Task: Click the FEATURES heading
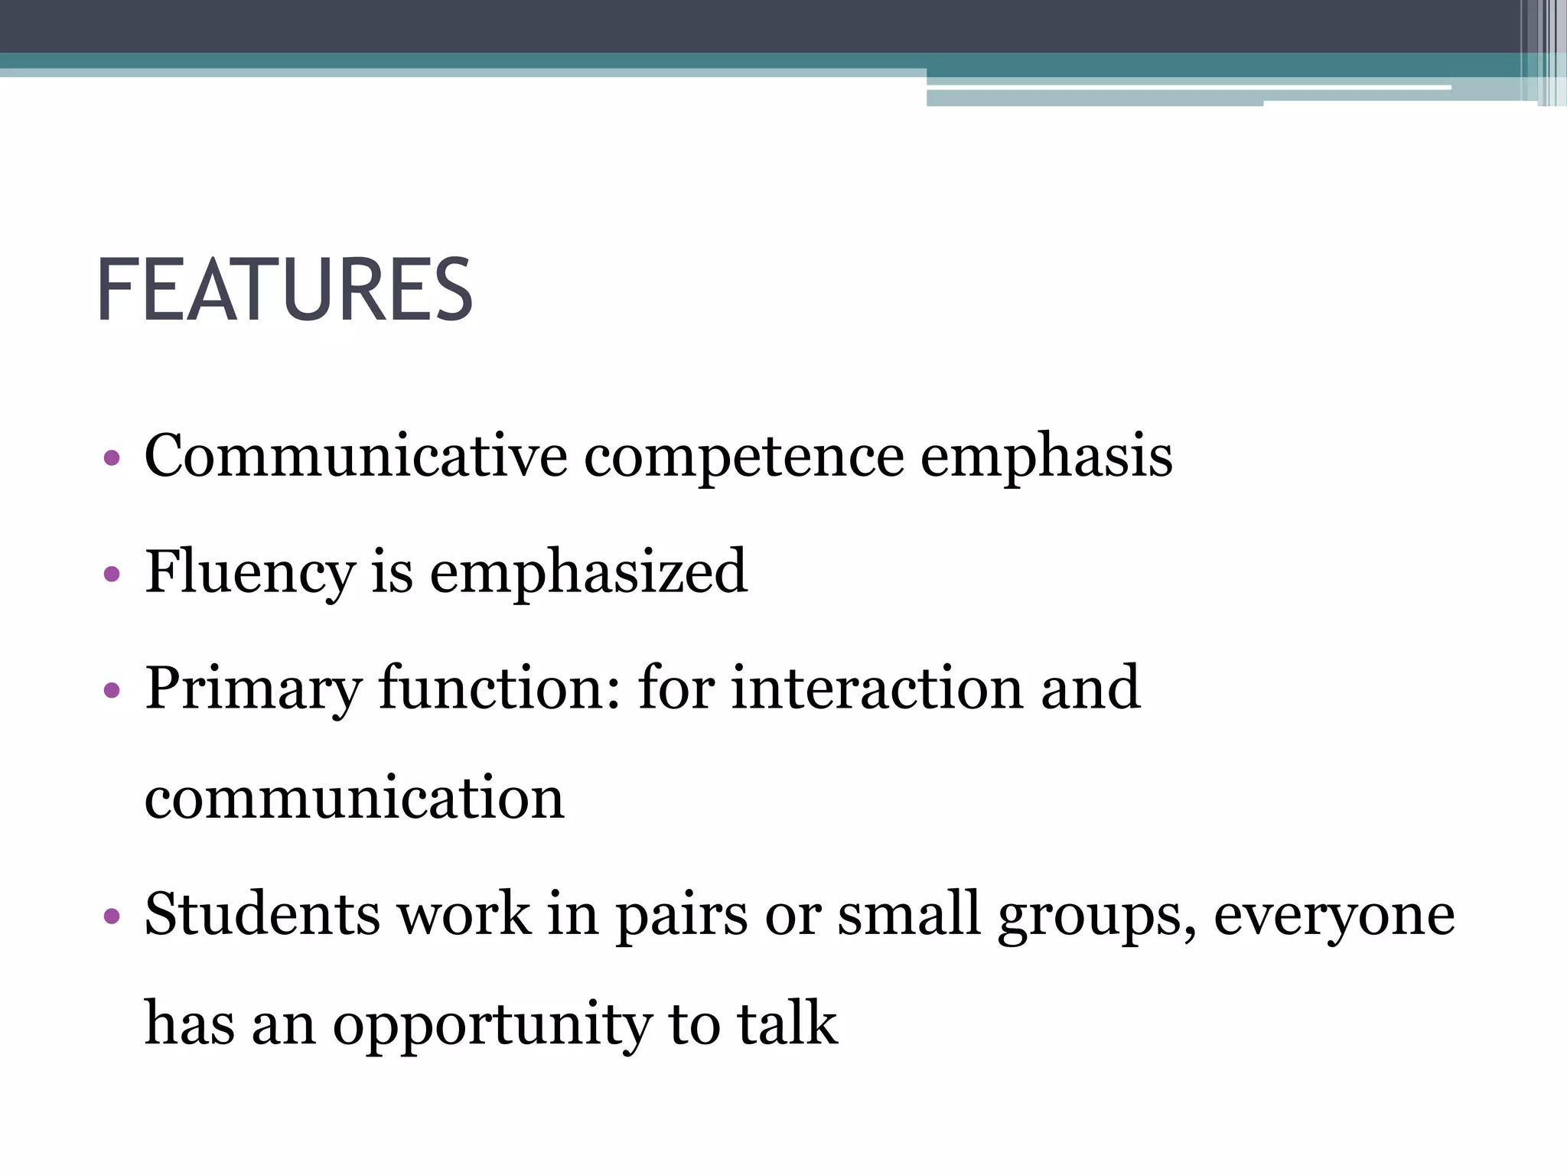[x=285, y=291]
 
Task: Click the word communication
[x=354, y=798]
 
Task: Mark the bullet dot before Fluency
[x=112, y=574]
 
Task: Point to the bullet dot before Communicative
[x=112, y=458]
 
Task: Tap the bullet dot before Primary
[x=112, y=690]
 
